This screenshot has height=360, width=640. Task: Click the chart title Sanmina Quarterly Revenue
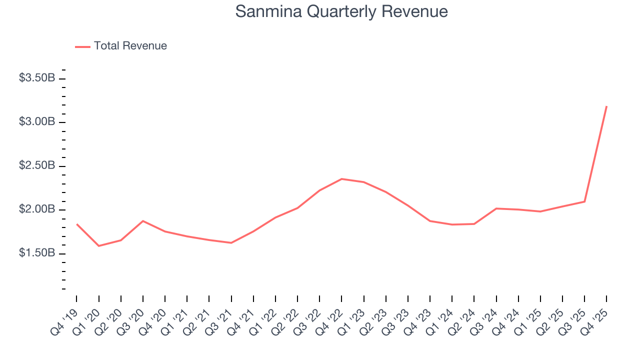coord(341,11)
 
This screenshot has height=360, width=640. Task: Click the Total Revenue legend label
coord(130,46)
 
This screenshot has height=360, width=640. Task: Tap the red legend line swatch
coord(82,46)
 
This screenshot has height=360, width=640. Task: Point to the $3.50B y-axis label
coord(37,78)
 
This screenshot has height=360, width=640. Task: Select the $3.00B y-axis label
coord(37,122)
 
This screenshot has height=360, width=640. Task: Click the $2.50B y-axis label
coord(37,165)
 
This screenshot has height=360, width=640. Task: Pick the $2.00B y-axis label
coord(37,209)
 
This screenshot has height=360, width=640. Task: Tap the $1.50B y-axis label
coord(37,253)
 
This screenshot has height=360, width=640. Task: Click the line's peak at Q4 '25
coord(606,106)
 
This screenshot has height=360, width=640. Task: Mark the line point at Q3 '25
coord(584,201)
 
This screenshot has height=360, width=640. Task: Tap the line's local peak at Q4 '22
coord(341,178)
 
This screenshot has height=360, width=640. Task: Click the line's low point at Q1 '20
coord(98,246)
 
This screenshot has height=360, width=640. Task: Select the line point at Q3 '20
coord(143,220)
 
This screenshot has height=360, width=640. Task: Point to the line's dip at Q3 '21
coord(231,243)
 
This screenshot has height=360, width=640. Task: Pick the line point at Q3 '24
coord(496,208)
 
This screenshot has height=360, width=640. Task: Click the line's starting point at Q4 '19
coord(76,224)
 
